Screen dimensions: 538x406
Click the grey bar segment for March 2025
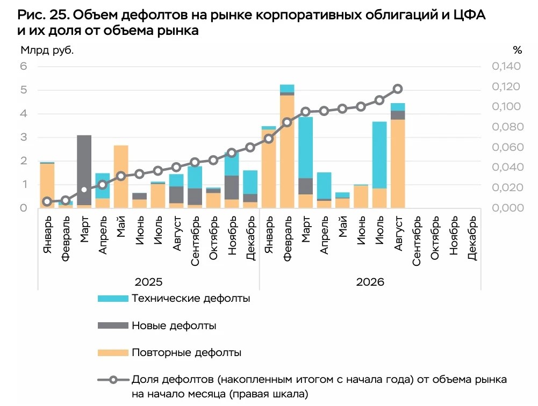(x=84, y=170)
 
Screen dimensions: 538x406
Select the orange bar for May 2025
(x=121, y=177)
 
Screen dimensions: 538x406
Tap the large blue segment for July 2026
(x=379, y=155)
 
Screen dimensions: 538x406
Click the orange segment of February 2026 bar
(x=287, y=151)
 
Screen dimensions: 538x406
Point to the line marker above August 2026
(x=398, y=89)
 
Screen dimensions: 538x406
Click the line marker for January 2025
(x=47, y=201)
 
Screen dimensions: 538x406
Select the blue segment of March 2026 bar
(x=305, y=148)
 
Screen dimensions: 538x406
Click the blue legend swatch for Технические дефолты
(x=113, y=299)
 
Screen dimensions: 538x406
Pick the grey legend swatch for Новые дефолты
(x=113, y=325)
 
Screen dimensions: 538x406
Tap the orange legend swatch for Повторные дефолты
(x=113, y=352)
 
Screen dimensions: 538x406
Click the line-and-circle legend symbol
(x=113, y=380)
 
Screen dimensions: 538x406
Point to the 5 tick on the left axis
(x=23, y=90)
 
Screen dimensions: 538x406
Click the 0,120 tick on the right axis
(x=506, y=86)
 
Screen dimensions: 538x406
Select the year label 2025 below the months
(x=148, y=282)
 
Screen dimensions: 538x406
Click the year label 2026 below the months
(x=370, y=282)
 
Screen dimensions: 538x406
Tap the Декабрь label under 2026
(x=472, y=238)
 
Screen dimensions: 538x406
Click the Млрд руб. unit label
(x=47, y=50)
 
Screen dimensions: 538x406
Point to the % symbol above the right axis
(x=518, y=50)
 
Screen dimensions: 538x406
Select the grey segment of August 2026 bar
(x=398, y=115)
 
